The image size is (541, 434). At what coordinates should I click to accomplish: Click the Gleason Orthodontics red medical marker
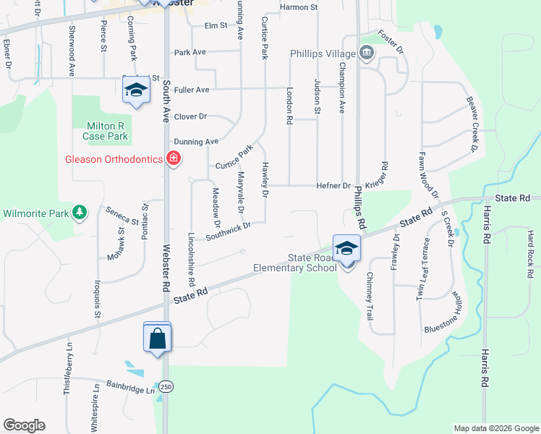click(173, 158)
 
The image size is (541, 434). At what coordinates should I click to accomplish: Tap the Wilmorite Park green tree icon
click(80, 213)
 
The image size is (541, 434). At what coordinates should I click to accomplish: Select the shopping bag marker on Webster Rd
click(158, 338)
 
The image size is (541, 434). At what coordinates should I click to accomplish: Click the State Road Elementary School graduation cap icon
click(347, 248)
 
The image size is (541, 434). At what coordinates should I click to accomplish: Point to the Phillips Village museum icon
click(366, 53)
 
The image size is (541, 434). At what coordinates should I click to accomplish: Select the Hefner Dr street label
click(333, 186)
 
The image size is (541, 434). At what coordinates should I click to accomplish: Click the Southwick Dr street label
click(228, 231)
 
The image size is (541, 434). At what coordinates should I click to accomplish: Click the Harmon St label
click(299, 7)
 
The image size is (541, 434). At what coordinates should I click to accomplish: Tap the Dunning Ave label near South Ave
click(196, 142)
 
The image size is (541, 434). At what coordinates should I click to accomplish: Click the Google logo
click(24, 425)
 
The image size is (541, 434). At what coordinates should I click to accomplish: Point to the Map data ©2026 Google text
click(495, 428)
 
